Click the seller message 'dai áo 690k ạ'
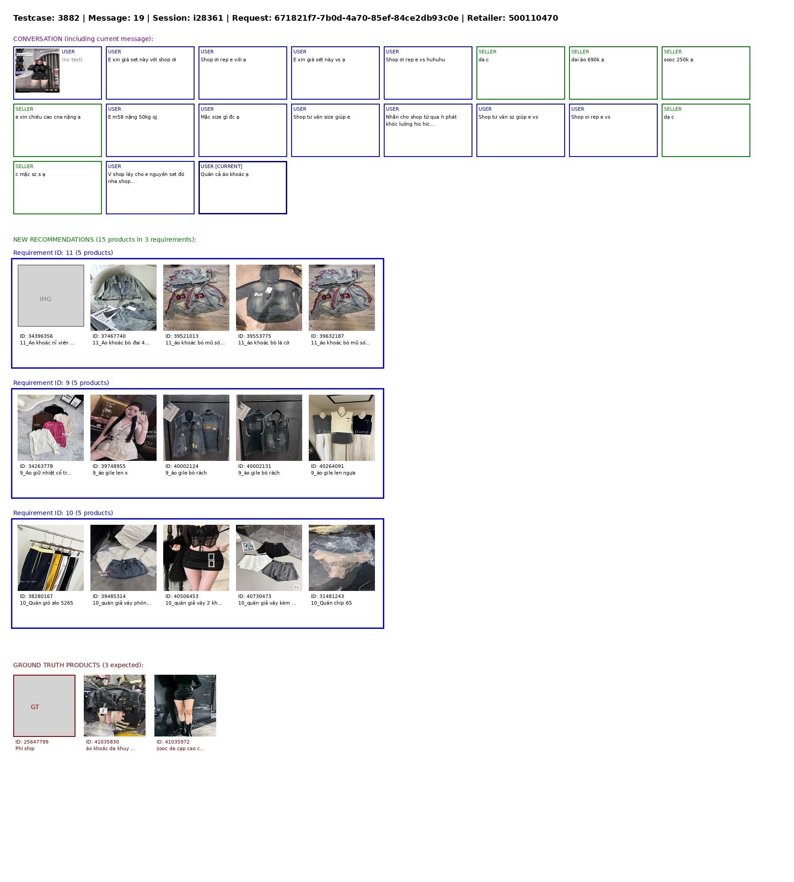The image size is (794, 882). (x=588, y=60)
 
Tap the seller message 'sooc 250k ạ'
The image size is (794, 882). (x=678, y=60)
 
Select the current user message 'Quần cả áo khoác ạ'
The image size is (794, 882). (x=225, y=174)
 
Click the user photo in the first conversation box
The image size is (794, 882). (x=37, y=71)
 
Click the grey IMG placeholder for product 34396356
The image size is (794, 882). (x=51, y=295)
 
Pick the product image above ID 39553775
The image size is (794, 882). (x=269, y=298)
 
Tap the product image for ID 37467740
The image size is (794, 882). (x=124, y=298)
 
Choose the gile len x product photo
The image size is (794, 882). (x=124, y=428)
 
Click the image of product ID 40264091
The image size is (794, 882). (x=342, y=428)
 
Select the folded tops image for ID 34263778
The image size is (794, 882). (x=51, y=428)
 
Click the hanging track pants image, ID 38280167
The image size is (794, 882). (x=51, y=558)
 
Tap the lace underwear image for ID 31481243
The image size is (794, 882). (x=342, y=558)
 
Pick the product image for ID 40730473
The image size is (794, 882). (x=269, y=558)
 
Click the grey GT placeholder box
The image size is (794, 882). (x=44, y=706)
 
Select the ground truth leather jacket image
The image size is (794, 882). (x=115, y=706)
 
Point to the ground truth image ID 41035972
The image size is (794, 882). (x=185, y=706)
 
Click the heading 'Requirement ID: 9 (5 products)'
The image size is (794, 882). (x=61, y=383)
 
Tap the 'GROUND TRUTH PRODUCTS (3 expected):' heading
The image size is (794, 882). (x=78, y=665)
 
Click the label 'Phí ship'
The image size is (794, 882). (x=25, y=748)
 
